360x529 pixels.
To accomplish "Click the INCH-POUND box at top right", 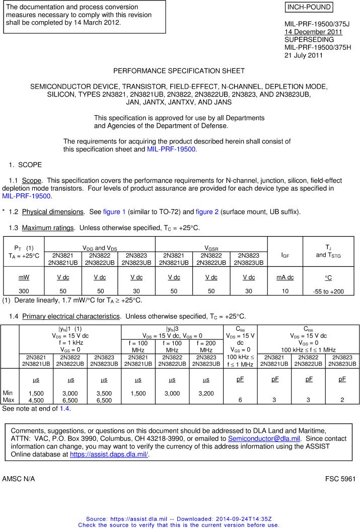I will (309, 7).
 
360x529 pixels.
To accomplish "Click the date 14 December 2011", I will (313, 32).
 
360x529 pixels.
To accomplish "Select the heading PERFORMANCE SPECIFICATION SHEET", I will (179, 71).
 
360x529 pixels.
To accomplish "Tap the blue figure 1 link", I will (114, 212).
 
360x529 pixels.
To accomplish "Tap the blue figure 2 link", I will (207, 212).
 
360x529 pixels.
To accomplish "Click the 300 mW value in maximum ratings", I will (24, 291).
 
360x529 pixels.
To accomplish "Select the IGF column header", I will (284, 255).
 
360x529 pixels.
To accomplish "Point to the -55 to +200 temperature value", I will (328, 291).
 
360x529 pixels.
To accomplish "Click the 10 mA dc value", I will (285, 291).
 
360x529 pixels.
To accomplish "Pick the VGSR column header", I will (211, 248).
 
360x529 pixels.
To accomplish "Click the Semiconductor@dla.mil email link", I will (264, 438).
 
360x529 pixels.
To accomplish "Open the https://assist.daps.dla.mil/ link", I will (109, 454).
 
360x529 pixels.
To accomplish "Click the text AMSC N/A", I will (19, 479).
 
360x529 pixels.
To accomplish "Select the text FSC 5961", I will (340, 479).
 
